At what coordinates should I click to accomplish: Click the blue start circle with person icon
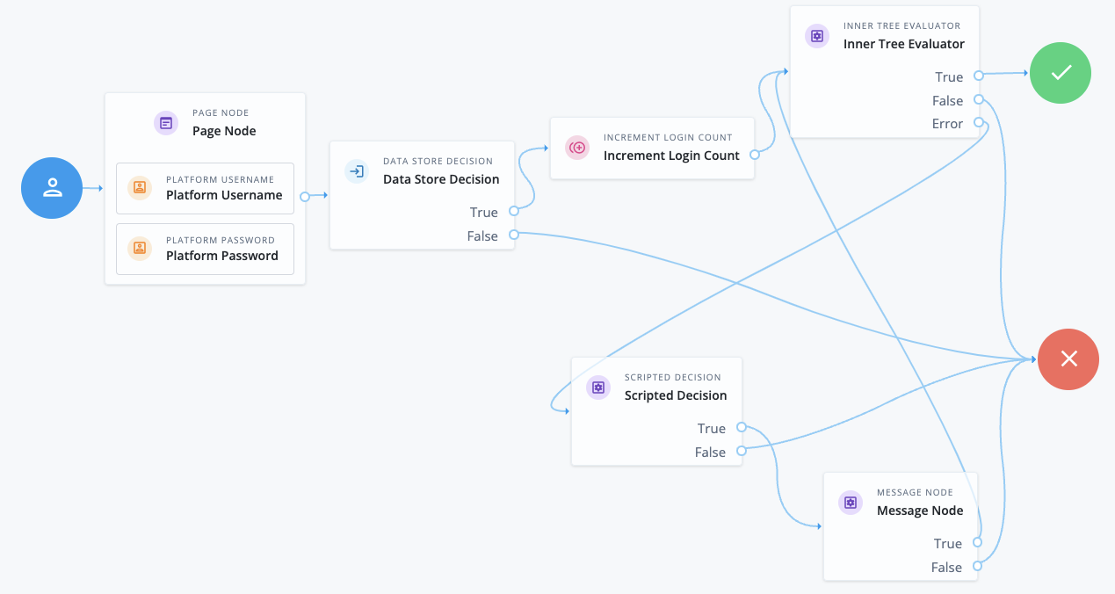[52, 188]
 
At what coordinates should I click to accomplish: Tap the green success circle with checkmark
[1061, 73]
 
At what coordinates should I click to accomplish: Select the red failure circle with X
[1068, 359]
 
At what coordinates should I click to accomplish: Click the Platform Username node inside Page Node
[205, 188]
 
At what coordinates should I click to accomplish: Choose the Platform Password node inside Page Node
[205, 249]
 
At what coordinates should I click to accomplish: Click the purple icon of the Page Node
[166, 123]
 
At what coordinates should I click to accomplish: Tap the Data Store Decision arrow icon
[357, 171]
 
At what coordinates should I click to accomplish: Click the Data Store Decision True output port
[514, 212]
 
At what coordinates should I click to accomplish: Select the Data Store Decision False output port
[514, 235]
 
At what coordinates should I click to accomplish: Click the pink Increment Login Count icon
[577, 148]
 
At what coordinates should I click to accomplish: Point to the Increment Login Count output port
[754, 155]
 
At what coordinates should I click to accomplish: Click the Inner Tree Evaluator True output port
[978, 76]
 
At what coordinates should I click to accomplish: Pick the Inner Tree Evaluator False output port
[978, 100]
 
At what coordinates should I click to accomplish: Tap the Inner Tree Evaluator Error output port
[978, 124]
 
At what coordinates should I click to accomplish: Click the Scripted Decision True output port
[742, 428]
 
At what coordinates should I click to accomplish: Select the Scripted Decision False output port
[742, 452]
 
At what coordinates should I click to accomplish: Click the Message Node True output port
[977, 543]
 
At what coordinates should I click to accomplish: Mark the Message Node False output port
[977, 567]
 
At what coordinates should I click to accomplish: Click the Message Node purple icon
[851, 503]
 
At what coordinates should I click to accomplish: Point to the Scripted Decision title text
[675, 395]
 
